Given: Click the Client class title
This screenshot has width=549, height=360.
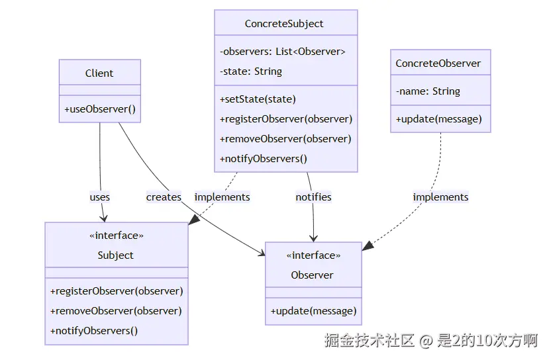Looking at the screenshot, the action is click(x=99, y=73).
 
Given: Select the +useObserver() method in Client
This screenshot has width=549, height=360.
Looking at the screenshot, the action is click(x=100, y=109).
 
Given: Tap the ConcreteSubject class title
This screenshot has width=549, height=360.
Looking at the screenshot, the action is click(x=284, y=24).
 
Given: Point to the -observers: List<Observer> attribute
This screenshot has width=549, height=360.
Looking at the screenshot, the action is click(x=283, y=52).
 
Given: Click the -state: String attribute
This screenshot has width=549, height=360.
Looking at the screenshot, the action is click(x=251, y=71).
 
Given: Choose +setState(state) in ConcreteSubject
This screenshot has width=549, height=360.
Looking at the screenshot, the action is click(x=258, y=99).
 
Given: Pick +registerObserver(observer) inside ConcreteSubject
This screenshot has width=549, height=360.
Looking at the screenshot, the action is click(x=285, y=119).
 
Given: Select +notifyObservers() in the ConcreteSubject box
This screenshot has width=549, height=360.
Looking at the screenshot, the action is click(x=264, y=159).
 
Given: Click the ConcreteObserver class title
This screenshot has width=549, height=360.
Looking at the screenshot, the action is click(x=438, y=64).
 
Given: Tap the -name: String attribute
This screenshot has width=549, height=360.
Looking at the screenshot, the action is click(x=428, y=91).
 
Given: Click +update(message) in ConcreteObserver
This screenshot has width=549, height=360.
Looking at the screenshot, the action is click(x=438, y=119).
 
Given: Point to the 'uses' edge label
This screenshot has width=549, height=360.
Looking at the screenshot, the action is click(x=100, y=197).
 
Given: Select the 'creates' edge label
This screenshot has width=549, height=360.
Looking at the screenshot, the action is click(x=164, y=197).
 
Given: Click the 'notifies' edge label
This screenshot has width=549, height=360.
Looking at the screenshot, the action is click(x=313, y=197).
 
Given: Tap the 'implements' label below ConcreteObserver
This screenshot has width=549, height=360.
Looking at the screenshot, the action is click(x=440, y=197).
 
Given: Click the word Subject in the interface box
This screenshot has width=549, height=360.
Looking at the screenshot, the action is click(x=115, y=255).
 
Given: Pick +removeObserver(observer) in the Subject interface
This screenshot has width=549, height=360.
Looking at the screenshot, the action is click(x=116, y=311).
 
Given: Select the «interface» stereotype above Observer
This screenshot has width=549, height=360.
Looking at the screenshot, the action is click(x=313, y=255).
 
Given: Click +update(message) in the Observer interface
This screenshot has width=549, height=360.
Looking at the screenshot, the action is click(x=313, y=311).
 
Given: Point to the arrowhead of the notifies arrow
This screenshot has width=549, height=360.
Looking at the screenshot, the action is click(x=313, y=239).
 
